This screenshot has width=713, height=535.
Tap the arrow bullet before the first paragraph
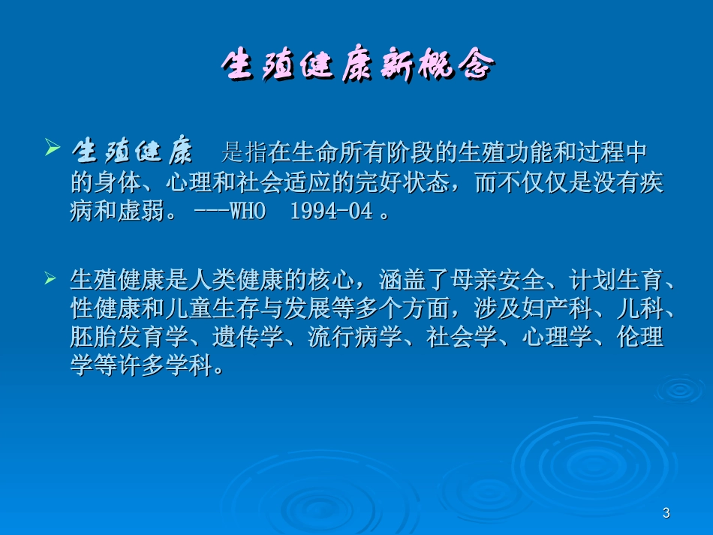(x=51, y=148)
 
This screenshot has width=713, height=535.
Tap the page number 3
(x=665, y=513)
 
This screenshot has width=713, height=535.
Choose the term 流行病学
(x=356, y=337)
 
